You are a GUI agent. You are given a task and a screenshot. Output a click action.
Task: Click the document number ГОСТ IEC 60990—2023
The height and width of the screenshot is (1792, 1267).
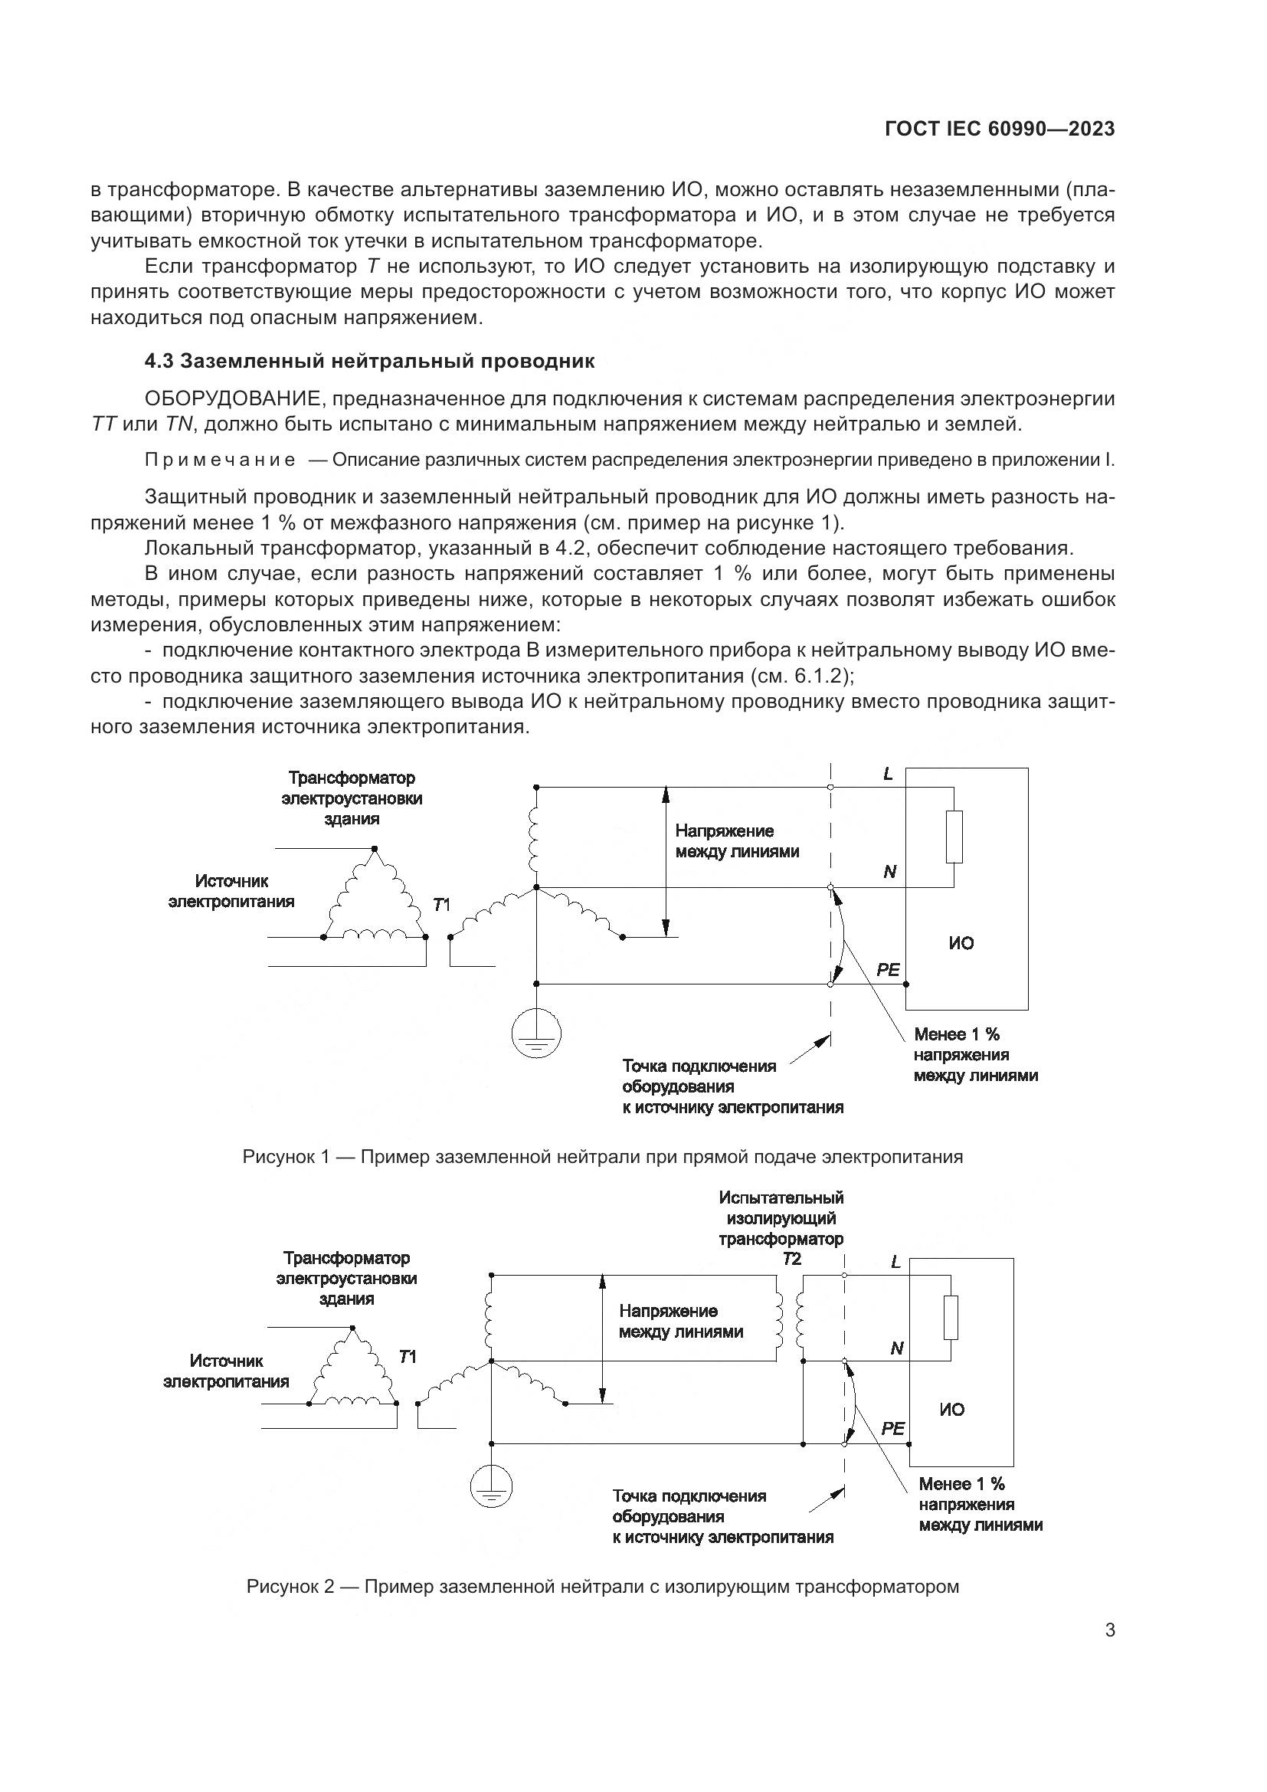pos(1000,129)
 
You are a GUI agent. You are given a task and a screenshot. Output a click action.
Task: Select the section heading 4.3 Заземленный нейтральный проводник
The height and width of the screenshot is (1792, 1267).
pos(370,362)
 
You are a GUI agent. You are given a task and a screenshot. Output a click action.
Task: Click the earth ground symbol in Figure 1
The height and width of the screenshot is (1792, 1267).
pos(536,1034)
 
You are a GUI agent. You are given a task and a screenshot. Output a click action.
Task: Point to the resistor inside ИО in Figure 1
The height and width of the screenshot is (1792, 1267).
pos(954,837)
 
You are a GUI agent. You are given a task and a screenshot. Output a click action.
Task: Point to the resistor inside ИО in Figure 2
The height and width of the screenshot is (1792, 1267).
pos(950,1318)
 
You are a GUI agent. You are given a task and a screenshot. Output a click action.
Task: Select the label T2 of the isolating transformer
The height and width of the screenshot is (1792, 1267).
pos(791,1259)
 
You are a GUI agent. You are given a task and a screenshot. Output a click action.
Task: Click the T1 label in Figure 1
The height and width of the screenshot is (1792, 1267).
pos(441,905)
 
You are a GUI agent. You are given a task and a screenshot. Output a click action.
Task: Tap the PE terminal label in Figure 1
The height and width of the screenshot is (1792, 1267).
pos(888,970)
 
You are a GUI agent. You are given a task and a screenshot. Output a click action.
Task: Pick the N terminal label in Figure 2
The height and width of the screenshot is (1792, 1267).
pos(896,1348)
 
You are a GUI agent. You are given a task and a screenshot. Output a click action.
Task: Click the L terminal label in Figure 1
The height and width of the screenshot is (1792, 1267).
pos(888,775)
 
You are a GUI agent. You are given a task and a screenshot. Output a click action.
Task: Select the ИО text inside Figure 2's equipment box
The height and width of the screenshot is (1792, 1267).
pos(952,1410)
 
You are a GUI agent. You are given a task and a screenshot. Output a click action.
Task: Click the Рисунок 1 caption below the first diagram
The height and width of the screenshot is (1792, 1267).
pos(602,1157)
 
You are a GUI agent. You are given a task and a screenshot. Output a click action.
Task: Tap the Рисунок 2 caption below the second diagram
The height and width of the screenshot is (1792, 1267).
pos(602,1587)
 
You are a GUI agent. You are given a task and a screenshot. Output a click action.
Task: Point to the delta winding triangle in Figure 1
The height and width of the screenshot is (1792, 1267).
pos(375,898)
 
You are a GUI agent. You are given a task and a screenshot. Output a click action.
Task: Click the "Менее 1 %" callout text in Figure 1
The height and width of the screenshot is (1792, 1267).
pos(957,1035)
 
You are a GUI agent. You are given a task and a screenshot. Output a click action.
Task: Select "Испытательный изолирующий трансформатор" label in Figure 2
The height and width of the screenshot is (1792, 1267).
pos(781,1218)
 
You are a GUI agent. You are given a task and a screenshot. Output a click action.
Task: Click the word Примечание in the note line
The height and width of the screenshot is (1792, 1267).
pos(220,460)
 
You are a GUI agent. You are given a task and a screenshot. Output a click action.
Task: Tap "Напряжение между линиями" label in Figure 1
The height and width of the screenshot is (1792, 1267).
pos(736,841)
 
